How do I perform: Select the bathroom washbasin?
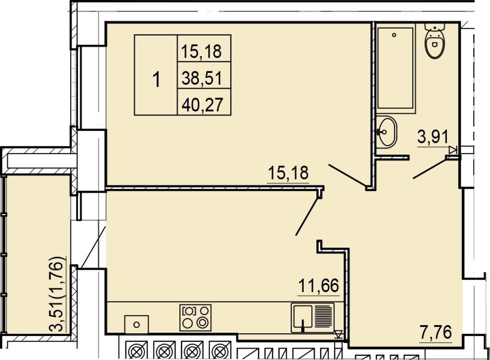386,132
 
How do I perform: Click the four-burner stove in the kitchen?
195,317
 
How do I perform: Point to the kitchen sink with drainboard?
312,317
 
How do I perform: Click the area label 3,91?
433,137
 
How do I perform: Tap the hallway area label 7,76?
436,333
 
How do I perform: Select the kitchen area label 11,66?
319,285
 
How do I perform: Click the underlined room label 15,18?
288,173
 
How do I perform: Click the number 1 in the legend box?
156,79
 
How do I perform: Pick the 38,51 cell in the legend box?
201,78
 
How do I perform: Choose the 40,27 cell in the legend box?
202,105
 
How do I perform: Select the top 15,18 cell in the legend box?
201,51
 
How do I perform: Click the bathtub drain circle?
394,35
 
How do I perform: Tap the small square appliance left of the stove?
136,325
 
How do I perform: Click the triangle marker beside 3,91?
453,150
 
